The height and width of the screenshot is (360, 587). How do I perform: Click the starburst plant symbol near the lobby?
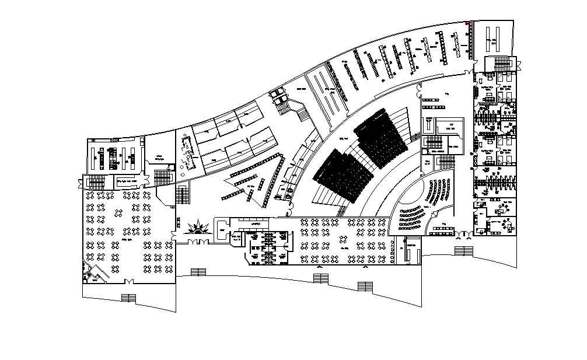click(x=201, y=226)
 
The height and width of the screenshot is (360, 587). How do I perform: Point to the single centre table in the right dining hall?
click(x=349, y=248)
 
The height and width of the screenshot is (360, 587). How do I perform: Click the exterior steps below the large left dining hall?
click(x=128, y=298)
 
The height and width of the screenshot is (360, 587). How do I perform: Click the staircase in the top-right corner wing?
click(x=502, y=64)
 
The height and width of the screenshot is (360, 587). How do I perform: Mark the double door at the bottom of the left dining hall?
click(x=130, y=282)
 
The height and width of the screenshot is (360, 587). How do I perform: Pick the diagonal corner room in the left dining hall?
click(x=91, y=273)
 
